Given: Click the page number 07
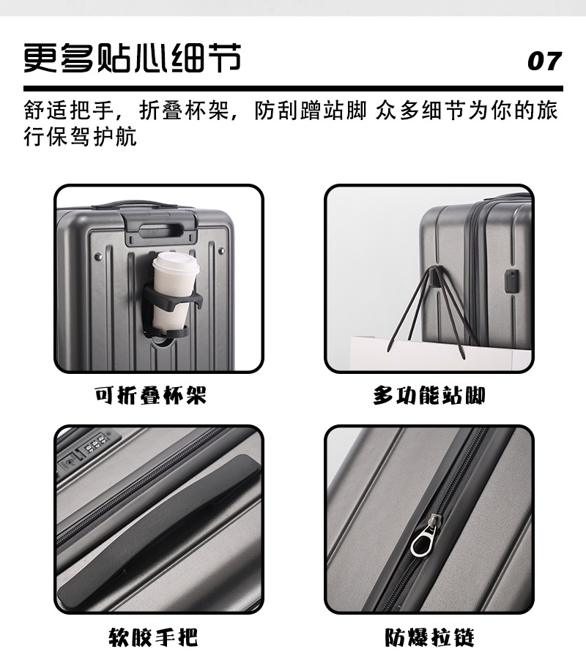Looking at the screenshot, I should coord(544,61).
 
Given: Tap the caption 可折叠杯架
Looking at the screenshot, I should coord(151,396).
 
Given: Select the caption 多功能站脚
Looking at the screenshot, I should coord(429,396).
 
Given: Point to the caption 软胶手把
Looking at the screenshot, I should coord(152,637).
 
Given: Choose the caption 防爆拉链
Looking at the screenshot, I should coord(429,637).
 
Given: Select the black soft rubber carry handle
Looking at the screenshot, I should coord(157,528).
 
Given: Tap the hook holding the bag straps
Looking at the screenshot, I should coord(434,277).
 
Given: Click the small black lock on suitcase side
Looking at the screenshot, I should coord(512,281).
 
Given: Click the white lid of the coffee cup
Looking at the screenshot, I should coord(175,264).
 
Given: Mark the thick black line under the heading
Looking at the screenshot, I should coord(293,89).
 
